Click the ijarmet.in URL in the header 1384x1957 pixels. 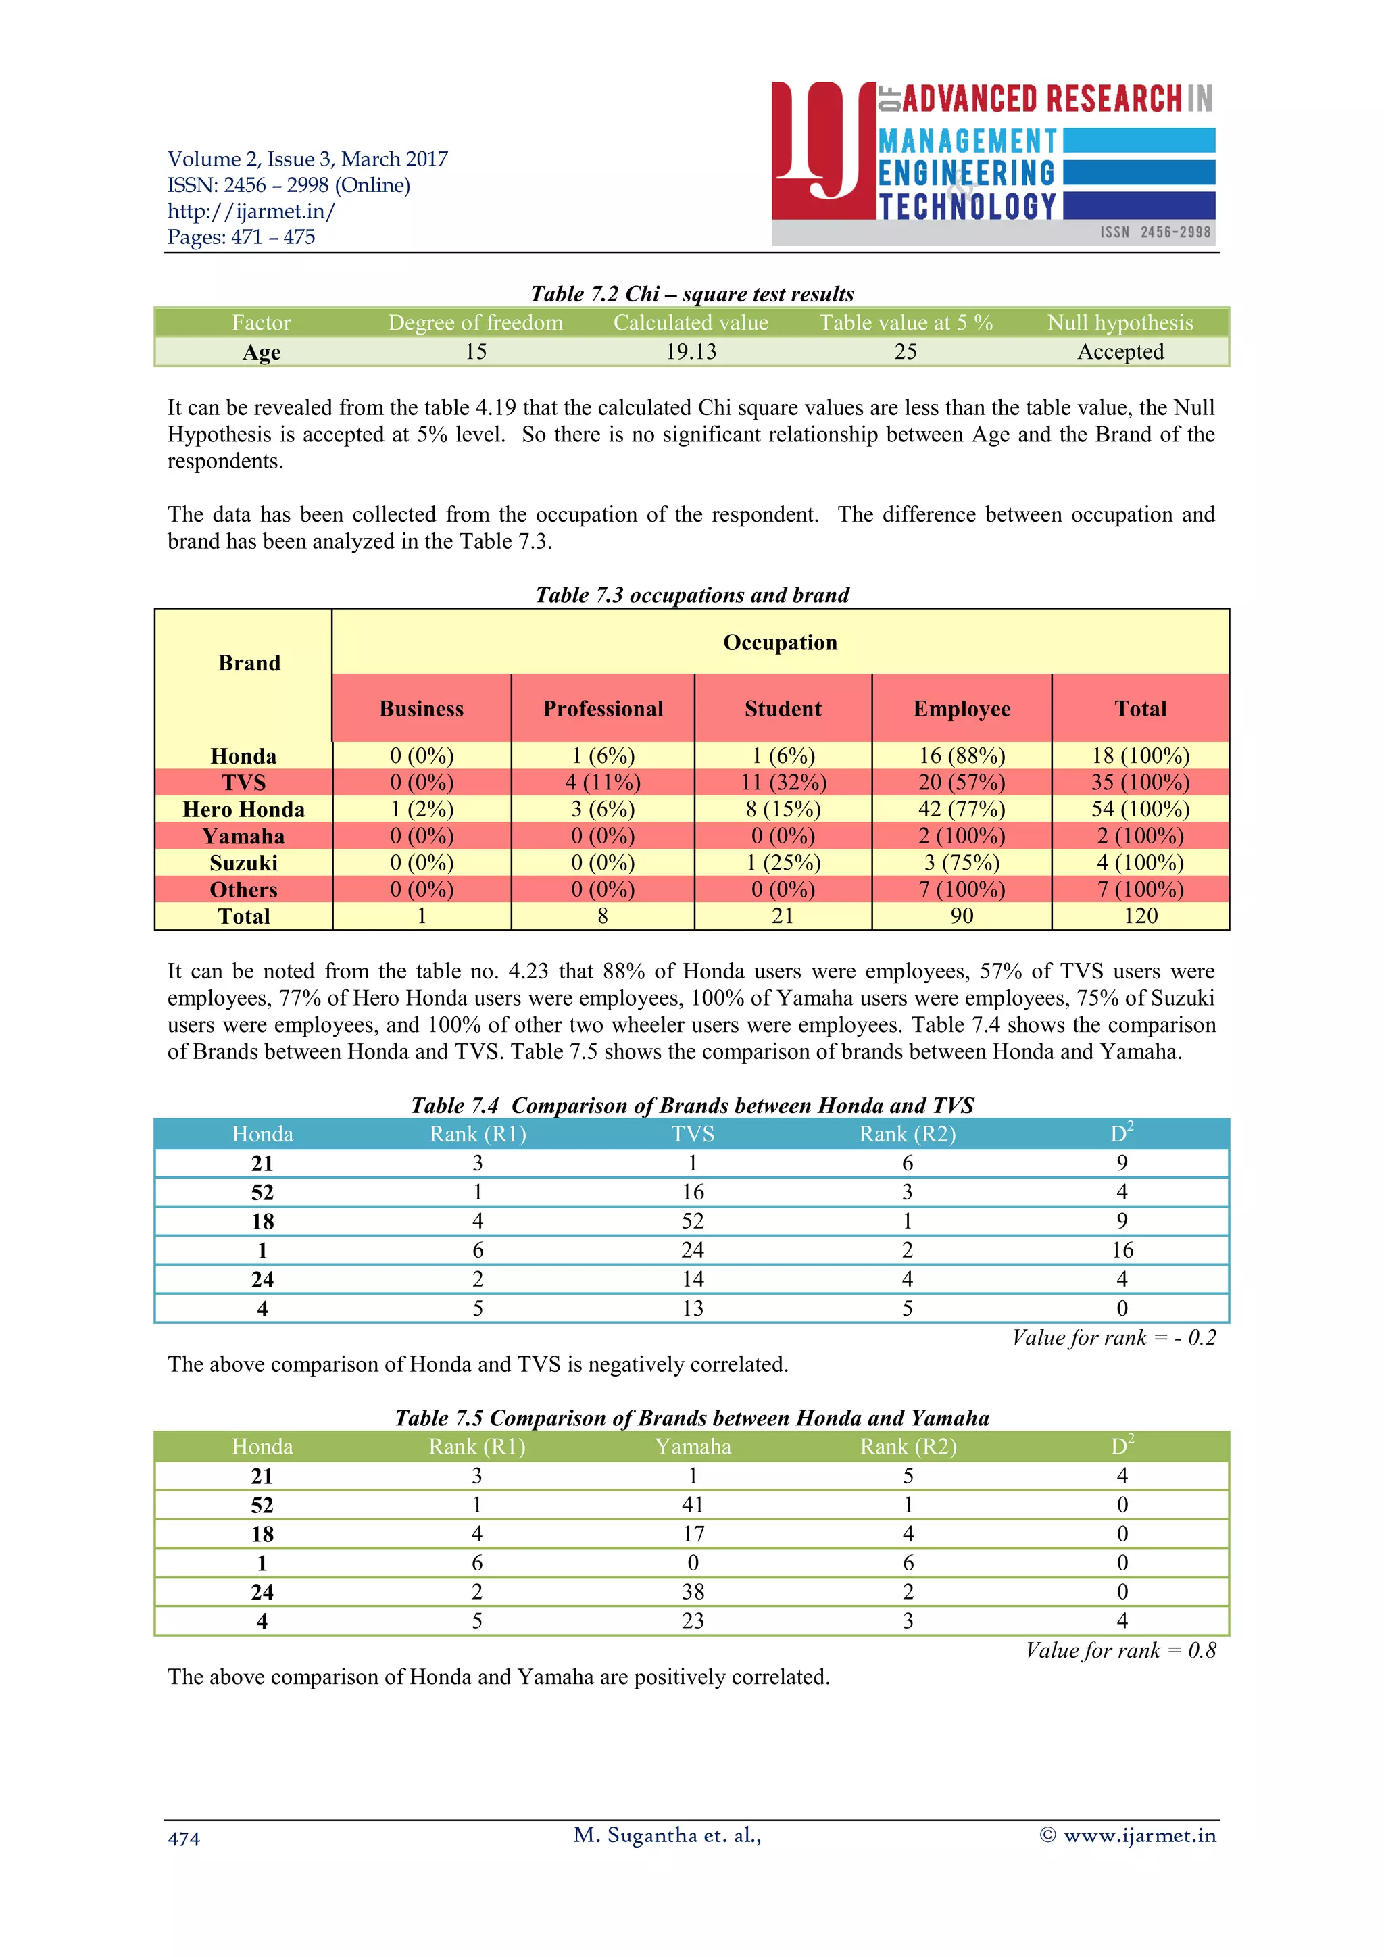251,212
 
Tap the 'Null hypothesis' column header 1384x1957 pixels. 1119,323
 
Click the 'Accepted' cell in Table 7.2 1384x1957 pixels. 1119,352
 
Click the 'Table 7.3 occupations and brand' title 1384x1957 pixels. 691,595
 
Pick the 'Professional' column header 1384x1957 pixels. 603,709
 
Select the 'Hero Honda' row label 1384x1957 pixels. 244,810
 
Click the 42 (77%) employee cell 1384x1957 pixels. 962,809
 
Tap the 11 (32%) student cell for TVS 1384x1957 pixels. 783,783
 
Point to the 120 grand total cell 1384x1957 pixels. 1140,916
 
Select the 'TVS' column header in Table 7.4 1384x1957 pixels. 692,1135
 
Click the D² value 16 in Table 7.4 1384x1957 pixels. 1122,1250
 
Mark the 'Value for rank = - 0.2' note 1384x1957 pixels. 1113,1338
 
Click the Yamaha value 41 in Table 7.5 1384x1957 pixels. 692,1505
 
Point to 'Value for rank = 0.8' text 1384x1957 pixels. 1120,1651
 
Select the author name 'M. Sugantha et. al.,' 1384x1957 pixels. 666,1835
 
